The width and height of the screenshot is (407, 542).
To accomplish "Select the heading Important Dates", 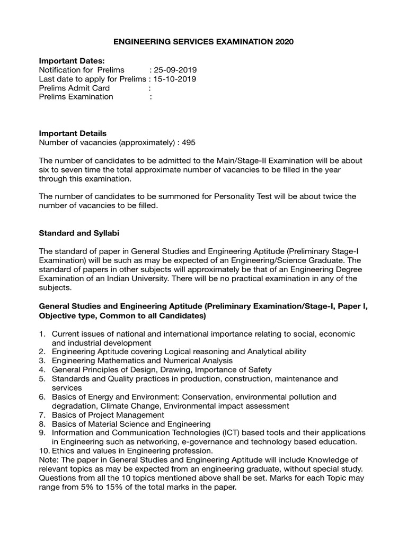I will click(72, 61).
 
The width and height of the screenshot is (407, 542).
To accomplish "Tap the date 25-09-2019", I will click(175, 70).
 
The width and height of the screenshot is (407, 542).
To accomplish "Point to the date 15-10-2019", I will click(175, 79).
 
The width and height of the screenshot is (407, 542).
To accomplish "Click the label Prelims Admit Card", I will click(75, 88).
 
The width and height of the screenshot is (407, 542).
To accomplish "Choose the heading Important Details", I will click(73, 133).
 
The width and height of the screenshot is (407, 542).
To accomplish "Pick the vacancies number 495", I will click(192, 142).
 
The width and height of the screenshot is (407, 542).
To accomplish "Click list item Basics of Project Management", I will click(108, 415).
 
